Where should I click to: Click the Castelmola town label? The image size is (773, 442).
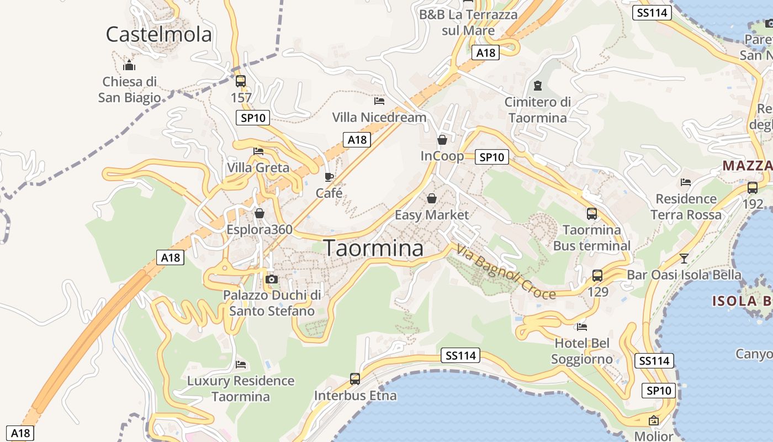coord(158,34)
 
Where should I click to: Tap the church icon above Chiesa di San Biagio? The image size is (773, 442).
coord(129,66)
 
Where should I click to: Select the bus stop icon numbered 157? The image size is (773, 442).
coord(240,82)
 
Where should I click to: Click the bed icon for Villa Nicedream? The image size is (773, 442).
coord(379,101)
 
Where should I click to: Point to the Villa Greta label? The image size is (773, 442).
coord(258,167)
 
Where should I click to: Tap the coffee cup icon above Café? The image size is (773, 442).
coord(329,177)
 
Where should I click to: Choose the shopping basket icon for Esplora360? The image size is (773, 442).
coord(260,213)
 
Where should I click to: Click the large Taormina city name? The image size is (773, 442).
coord(373,248)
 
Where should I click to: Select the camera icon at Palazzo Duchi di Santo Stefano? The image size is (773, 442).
coord(271,279)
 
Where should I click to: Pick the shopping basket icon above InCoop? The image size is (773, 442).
coord(442,140)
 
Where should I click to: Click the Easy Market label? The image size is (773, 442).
coord(431,214)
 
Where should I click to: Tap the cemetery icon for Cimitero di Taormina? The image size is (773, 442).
coord(537,86)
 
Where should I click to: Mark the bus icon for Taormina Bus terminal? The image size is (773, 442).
coord(591,213)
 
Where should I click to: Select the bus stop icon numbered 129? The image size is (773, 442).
coord(597,275)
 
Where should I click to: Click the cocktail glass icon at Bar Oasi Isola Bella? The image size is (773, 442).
coord(684,258)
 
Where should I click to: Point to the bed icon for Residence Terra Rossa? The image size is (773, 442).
coord(686,182)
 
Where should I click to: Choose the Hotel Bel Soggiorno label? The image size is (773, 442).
coord(582,351)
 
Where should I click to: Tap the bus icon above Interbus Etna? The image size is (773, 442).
coord(355,379)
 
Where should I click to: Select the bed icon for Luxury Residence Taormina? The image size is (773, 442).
coord(240,365)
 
